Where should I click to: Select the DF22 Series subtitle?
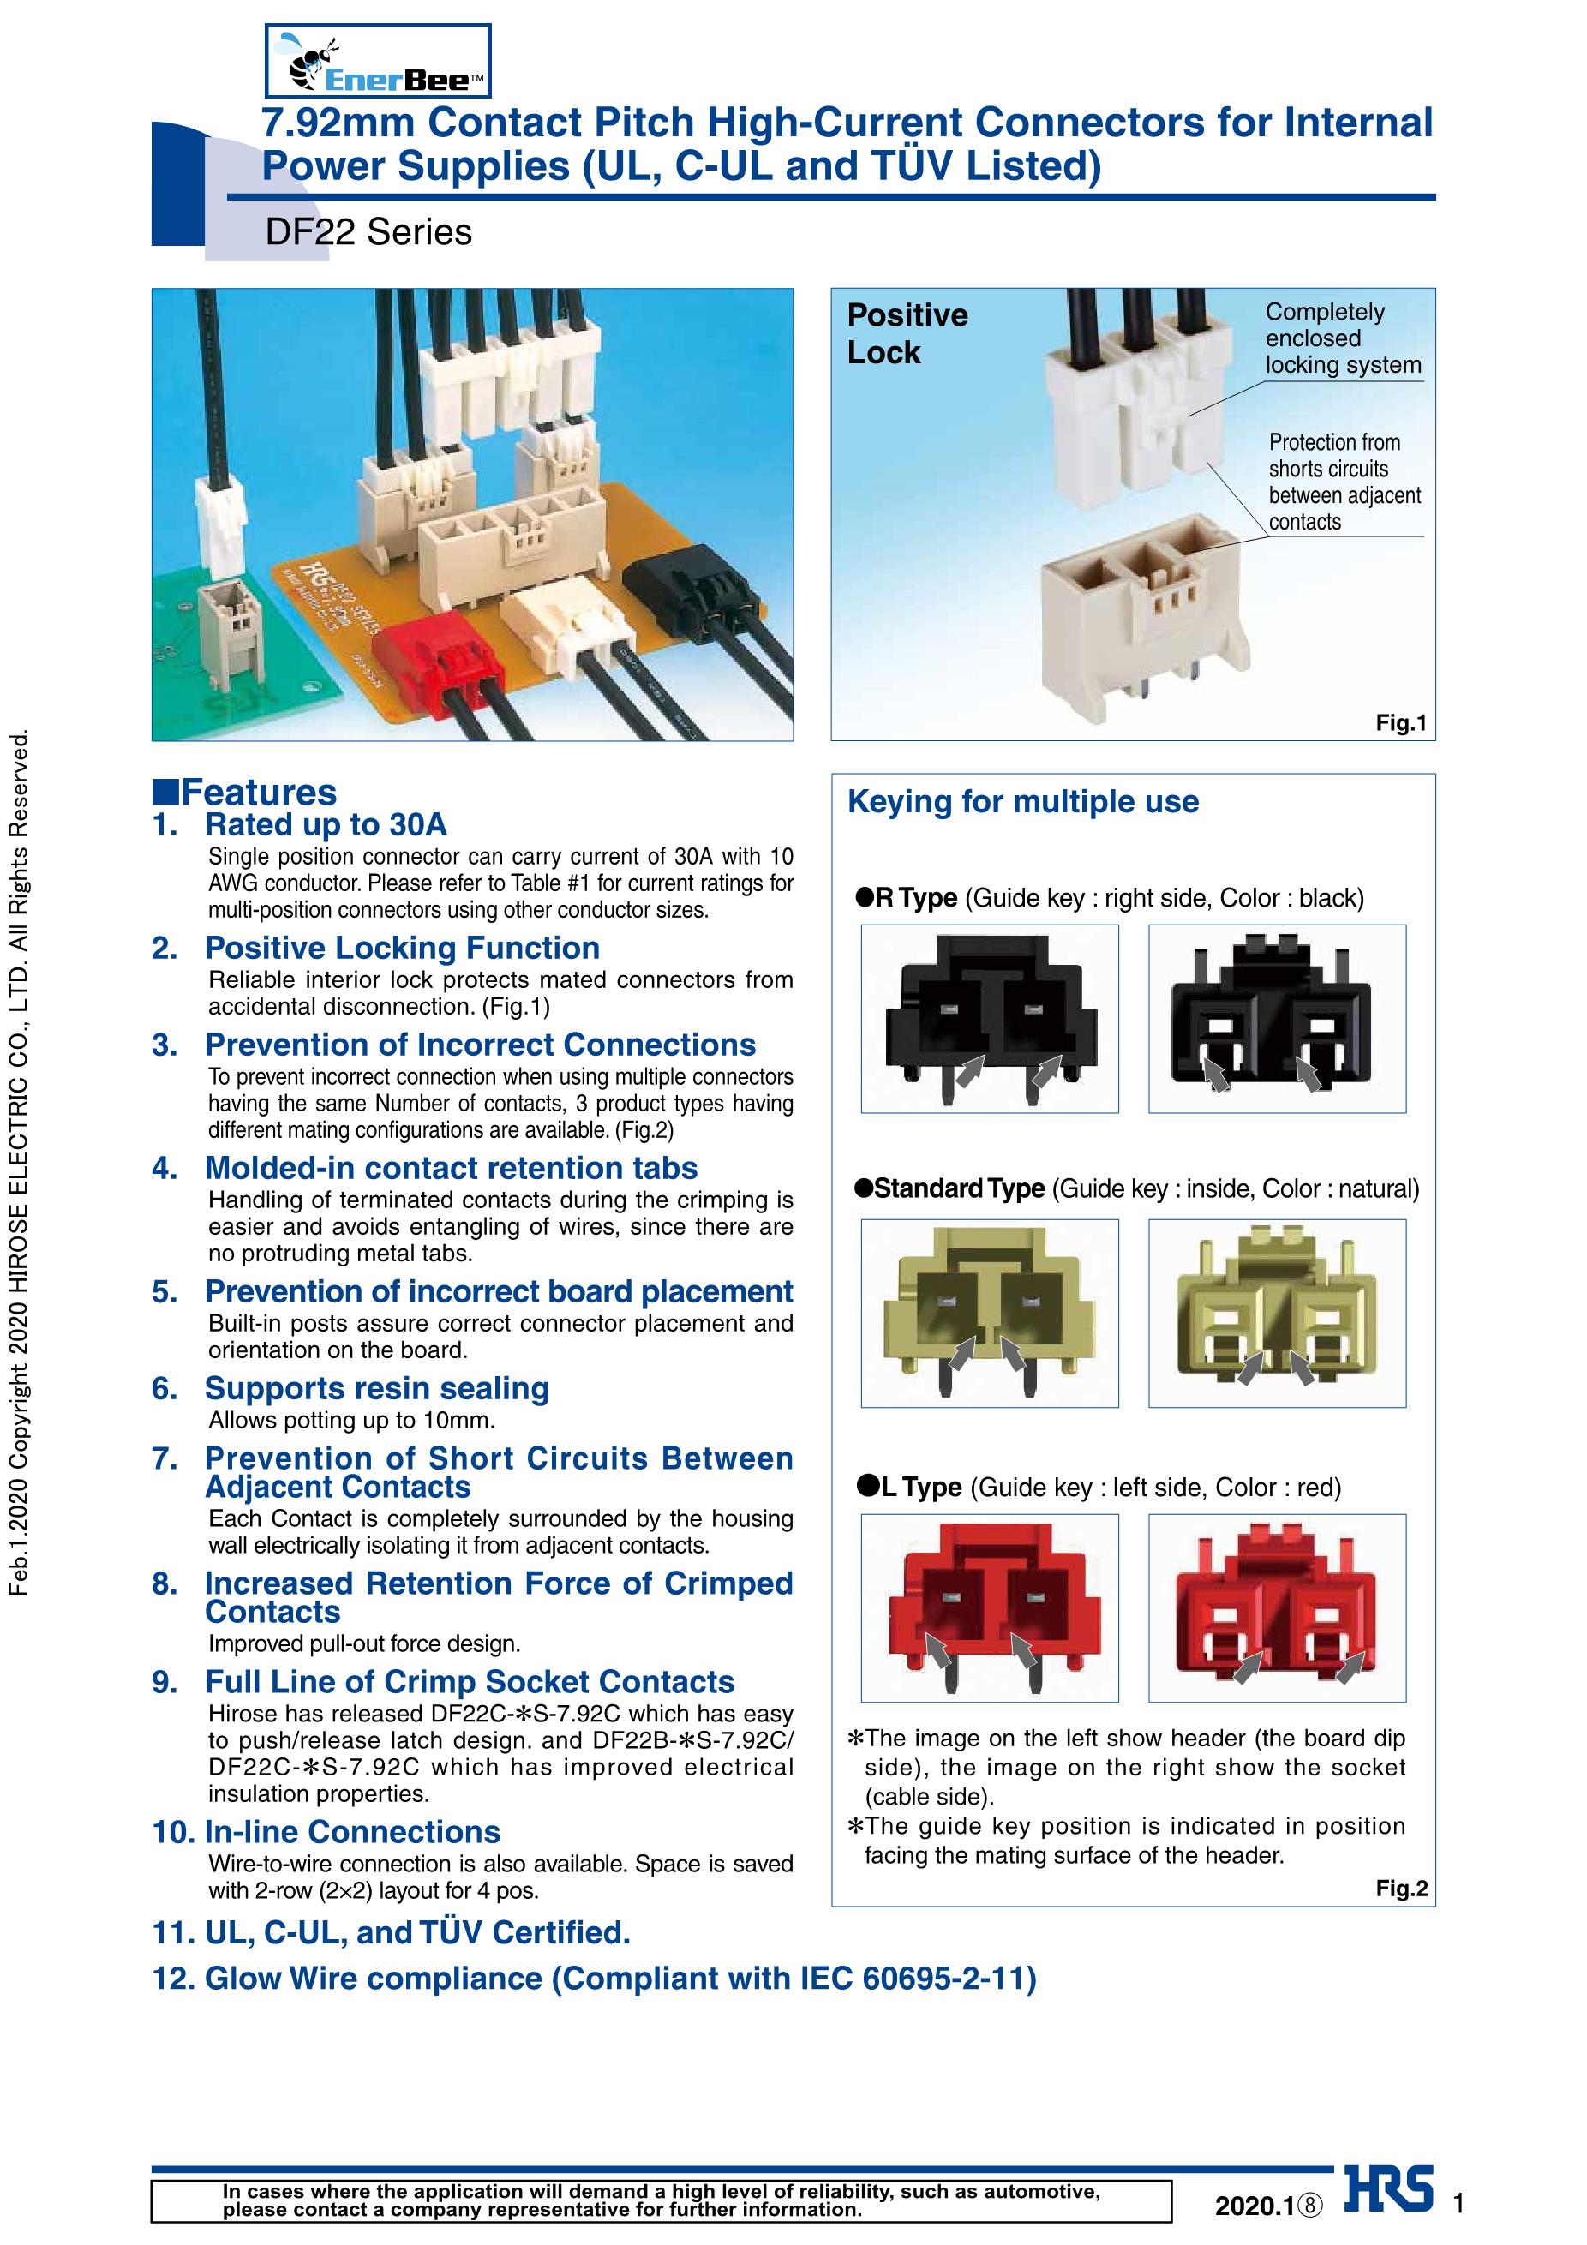(368, 233)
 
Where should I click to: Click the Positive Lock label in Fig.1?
(907, 333)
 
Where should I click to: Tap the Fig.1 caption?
(1401, 722)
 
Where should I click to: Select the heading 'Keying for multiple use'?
(1023, 802)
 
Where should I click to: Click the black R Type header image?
(990, 1019)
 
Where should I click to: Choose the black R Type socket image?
(1277, 1019)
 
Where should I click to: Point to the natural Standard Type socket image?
(1277, 1314)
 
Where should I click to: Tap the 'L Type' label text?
(921, 1488)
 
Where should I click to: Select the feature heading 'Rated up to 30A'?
(326, 825)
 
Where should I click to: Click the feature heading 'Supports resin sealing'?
(376, 1388)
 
